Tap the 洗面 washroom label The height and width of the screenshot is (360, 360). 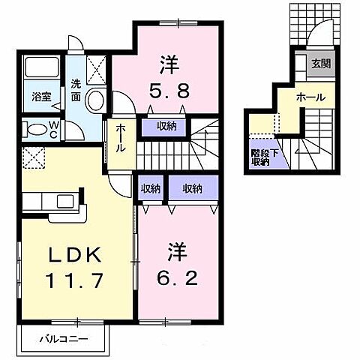point(76,90)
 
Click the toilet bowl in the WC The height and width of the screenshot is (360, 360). point(35,128)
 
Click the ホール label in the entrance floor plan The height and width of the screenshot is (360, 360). point(310,97)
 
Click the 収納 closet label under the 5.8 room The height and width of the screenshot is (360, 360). point(166,127)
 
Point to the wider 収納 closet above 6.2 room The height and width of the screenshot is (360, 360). point(191,188)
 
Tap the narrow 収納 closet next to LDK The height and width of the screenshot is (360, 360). point(150,188)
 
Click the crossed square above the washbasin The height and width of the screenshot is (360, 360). point(97,70)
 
